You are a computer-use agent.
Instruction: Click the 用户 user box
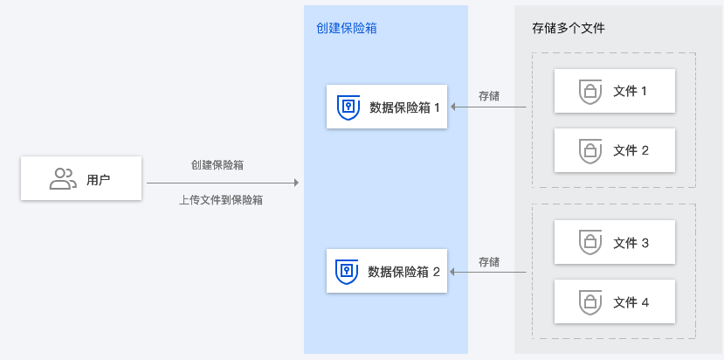click(81, 178)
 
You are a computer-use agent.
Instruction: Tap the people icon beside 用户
click(63, 179)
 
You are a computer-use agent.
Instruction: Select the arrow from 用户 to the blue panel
click(223, 183)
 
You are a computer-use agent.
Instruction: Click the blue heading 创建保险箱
click(347, 28)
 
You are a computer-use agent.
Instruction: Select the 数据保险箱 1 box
click(386, 107)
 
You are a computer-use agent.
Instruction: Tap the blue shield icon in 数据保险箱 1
click(348, 107)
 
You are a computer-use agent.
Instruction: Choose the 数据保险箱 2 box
click(386, 271)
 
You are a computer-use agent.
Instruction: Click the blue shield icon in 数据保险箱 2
click(348, 271)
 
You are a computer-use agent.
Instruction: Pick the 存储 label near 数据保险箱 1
click(489, 95)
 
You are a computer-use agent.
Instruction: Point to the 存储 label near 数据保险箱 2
click(489, 261)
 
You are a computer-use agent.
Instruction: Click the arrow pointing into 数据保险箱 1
click(488, 107)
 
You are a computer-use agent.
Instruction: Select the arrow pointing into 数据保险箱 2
click(488, 272)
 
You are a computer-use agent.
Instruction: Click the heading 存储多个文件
click(569, 28)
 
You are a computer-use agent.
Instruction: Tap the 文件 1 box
click(615, 91)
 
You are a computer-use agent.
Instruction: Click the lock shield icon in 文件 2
click(590, 150)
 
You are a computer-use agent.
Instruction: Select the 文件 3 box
click(615, 243)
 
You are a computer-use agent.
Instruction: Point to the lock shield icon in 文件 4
click(590, 302)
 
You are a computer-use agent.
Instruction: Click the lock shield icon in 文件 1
click(590, 91)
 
